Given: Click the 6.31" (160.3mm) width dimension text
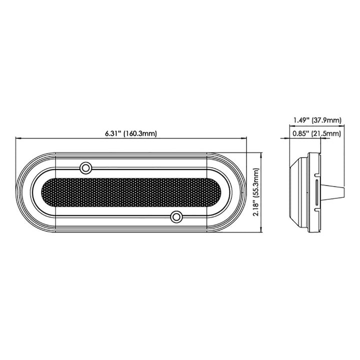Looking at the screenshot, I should tap(131, 132).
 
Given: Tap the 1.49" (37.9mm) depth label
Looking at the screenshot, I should tap(316, 120).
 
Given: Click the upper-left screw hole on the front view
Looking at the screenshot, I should tap(85, 166).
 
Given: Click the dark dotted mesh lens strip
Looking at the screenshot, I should tap(130, 191).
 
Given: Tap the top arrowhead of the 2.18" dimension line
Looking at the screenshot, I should tap(261, 154).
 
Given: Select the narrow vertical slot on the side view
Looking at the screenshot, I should tap(318, 192).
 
